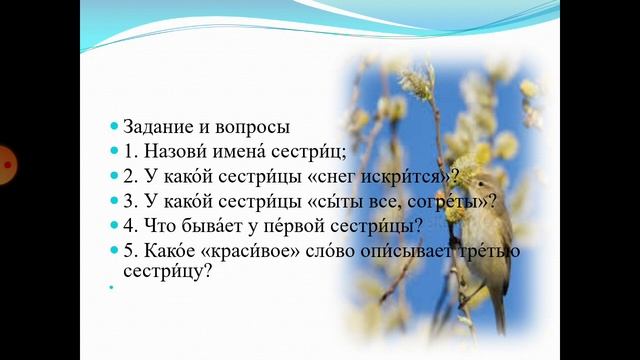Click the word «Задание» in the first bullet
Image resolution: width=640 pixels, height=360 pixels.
point(158,127)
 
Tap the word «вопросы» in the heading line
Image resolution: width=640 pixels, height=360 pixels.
point(251,127)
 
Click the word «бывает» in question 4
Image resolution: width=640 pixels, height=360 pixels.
point(215,224)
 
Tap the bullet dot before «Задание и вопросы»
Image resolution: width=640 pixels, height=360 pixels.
point(114,128)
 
